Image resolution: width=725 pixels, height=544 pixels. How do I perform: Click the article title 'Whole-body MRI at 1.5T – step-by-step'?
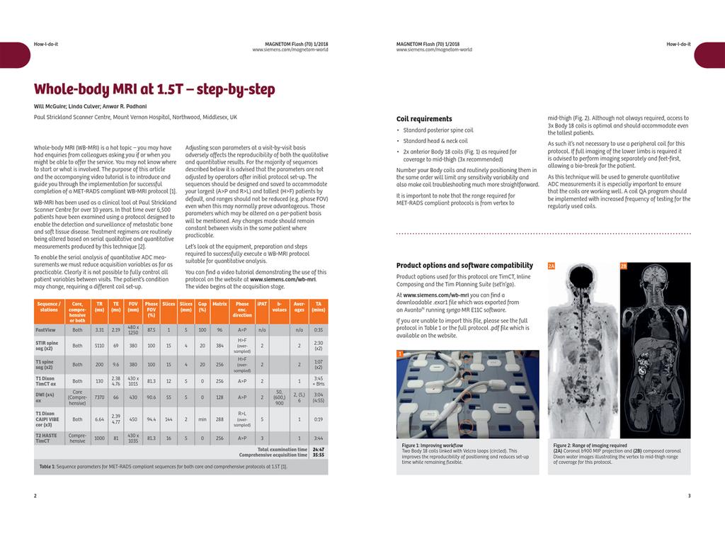[154, 89]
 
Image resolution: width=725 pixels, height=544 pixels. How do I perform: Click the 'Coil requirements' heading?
[423, 119]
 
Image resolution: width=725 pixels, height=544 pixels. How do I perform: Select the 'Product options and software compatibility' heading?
[464, 266]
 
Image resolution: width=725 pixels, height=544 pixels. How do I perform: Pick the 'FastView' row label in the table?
[46, 329]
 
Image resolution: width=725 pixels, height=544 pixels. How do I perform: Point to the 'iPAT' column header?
[262, 305]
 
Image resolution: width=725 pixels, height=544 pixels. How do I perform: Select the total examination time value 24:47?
[319, 449]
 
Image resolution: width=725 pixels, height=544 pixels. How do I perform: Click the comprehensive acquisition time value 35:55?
[319, 455]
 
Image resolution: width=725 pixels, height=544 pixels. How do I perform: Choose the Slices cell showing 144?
[169, 419]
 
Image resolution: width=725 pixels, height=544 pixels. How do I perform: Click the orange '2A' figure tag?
[552, 266]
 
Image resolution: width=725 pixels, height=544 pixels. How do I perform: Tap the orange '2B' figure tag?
[624, 266]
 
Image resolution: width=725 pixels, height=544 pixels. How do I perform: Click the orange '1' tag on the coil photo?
[400, 353]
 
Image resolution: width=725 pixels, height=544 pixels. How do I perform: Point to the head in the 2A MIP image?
[583, 279]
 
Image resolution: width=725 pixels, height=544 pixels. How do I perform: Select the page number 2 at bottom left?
[35, 495]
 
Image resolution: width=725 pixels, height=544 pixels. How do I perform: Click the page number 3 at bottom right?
[689, 495]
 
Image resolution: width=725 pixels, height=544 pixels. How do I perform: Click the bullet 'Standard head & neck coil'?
[435, 141]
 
